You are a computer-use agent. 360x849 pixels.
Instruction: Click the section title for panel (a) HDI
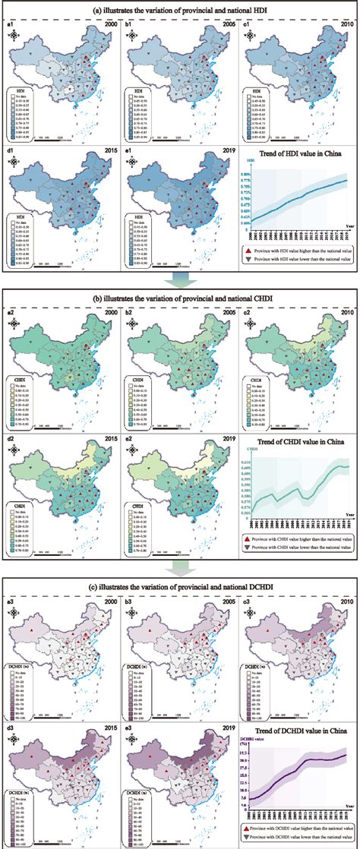click(180, 11)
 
